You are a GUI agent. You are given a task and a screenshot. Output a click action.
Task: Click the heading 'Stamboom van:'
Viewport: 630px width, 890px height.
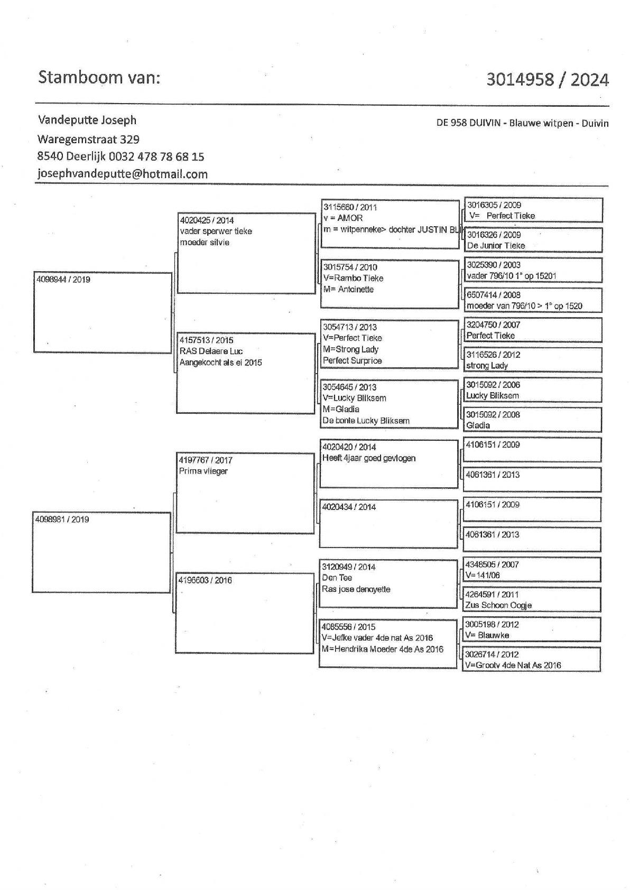coord(99,78)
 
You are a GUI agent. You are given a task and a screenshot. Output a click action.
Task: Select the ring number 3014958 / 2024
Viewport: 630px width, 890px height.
coord(547,80)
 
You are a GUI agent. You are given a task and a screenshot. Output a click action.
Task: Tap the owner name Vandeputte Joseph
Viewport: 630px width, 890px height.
coord(87,120)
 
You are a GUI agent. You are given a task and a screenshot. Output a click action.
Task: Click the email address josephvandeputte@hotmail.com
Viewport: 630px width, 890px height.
coord(122,174)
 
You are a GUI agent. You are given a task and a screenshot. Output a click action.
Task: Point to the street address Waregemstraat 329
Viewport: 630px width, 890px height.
coord(88,140)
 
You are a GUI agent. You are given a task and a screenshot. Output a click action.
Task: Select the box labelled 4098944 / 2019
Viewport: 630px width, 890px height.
coord(103,312)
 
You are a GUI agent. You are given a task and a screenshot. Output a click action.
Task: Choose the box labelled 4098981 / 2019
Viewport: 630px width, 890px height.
coord(101,552)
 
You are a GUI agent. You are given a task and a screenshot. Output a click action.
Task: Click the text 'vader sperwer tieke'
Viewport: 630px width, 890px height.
coord(216,231)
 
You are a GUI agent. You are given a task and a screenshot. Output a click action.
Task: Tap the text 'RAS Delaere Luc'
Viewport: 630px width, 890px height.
coord(211,351)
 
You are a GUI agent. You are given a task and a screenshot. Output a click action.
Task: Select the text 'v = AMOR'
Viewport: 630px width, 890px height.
coord(343,218)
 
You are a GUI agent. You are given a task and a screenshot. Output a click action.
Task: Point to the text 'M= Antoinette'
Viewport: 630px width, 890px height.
coord(348,289)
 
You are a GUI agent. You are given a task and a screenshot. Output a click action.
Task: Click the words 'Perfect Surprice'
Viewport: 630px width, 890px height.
coord(352,360)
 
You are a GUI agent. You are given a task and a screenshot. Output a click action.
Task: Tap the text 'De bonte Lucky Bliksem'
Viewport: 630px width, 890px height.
coord(366,421)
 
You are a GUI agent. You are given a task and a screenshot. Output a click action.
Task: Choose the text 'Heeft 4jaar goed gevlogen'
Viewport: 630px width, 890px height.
coord(369,458)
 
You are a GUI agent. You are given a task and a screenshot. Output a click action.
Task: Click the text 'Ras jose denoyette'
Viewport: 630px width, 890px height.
coord(356,589)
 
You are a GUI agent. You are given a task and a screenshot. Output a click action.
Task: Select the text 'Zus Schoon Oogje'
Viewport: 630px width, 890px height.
coord(498,605)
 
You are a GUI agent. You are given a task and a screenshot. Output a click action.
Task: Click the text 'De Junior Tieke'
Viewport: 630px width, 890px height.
coord(496,245)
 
